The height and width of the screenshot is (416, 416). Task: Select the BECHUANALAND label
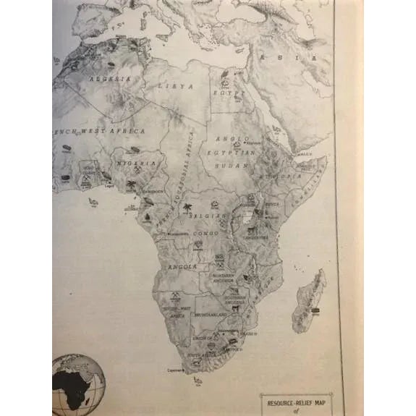click(208, 315)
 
